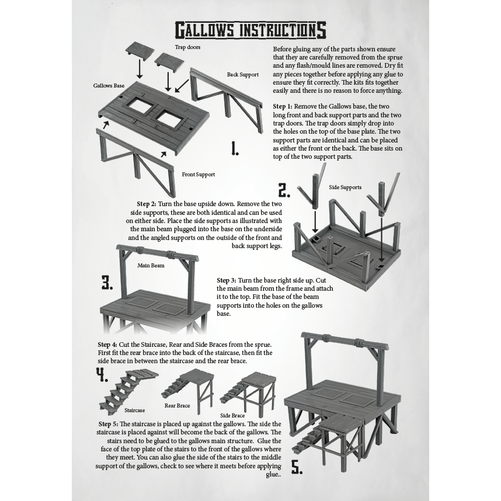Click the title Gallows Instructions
click(x=251, y=30)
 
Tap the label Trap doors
click(x=187, y=47)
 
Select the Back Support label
click(x=243, y=75)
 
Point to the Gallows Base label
click(x=109, y=86)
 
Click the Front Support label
click(x=198, y=175)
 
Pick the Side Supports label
click(x=345, y=187)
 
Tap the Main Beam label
click(x=151, y=265)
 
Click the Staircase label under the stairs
click(x=134, y=410)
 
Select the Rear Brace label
click(x=177, y=405)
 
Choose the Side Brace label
click(x=232, y=416)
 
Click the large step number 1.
click(x=235, y=149)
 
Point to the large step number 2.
click(x=284, y=190)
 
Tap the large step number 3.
click(x=107, y=283)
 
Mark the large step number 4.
click(x=102, y=375)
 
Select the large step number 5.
click(x=297, y=468)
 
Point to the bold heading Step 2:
click(x=147, y=204)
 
